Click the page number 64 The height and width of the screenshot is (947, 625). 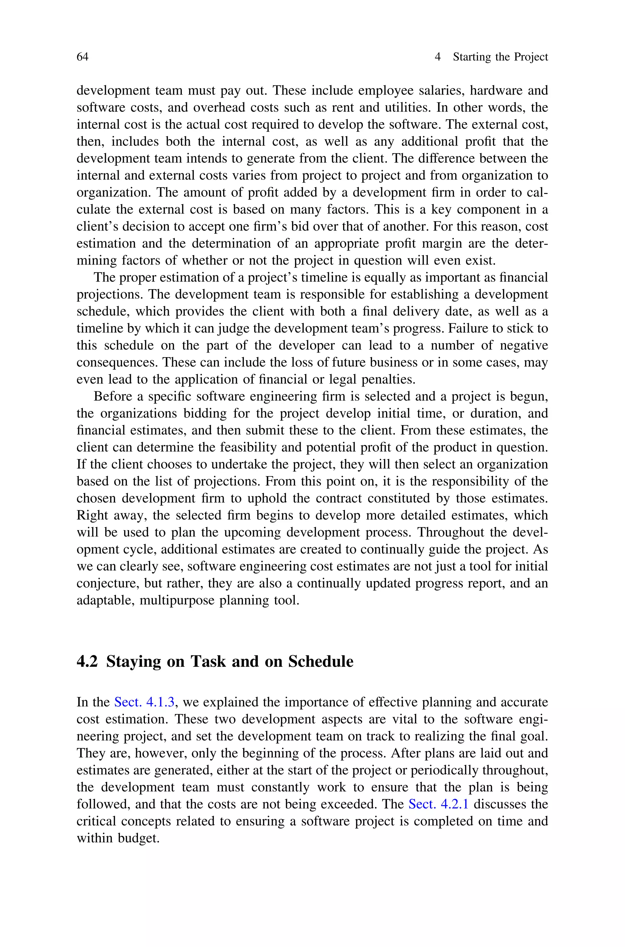coord(82,57)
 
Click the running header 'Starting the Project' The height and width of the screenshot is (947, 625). coord(500,57)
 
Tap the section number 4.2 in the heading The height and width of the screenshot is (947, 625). coord(87,662)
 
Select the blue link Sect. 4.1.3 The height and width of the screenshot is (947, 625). coord(144,702)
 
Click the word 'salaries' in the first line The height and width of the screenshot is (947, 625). coord(441,90)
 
